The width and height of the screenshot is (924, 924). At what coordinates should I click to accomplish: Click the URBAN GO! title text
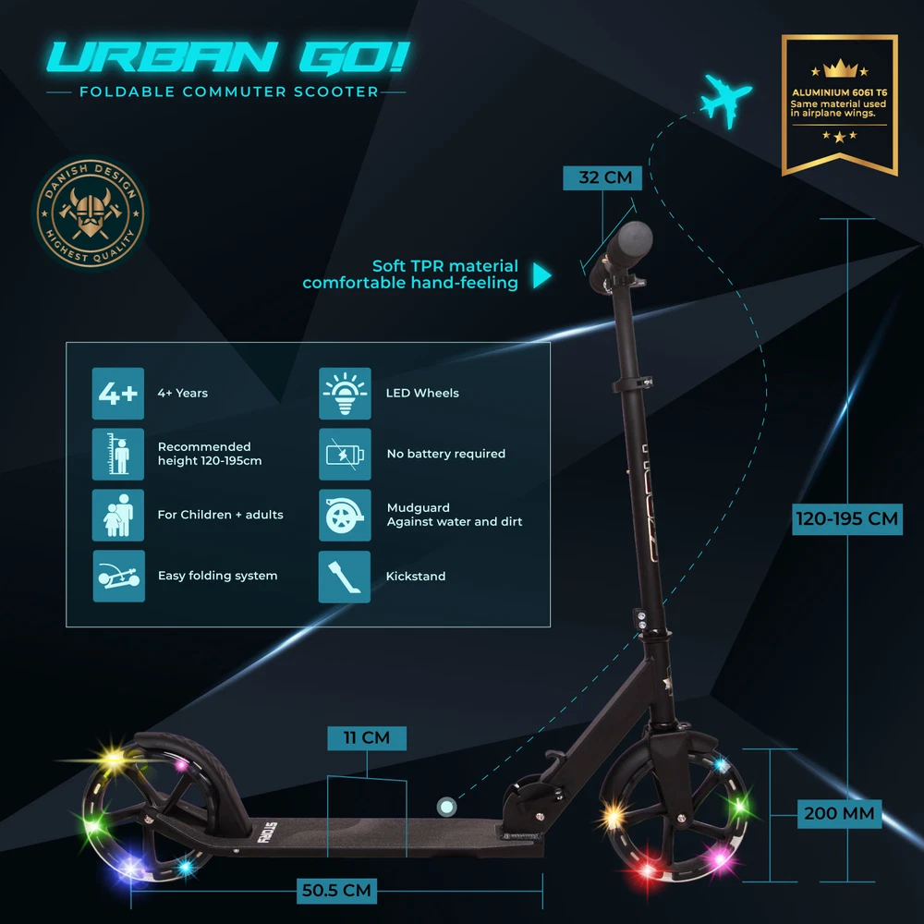click(x=228, y=57)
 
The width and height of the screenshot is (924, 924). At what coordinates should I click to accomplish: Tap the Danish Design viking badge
click(x=91, y=213)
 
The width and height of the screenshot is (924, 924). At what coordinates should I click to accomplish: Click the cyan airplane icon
click(x=726, y=100)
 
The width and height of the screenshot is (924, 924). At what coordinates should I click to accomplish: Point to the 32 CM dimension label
click(x=602, y=177)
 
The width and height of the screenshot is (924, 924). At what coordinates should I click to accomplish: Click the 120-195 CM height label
click(x=846, y=519)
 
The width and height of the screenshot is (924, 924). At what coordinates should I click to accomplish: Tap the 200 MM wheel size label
click(x=839, y=814)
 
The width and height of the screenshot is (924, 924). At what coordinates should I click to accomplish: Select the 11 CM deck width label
click(x=367, y=737)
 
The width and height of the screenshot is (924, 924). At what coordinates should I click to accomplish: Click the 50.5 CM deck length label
click(x=336, y=891)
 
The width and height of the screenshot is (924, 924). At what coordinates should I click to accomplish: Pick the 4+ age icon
click(x=118, y=394)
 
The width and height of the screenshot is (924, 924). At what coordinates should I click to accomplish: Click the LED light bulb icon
click(x=345, y=394)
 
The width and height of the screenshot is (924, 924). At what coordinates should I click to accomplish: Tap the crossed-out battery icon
click(x=345, y=455)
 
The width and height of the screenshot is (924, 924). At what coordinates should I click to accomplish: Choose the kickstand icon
click(x=344, y=577)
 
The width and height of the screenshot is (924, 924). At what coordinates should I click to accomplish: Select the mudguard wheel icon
click(x=345, y=515)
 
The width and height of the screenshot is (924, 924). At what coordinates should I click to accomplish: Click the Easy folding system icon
click(x=118, y=576)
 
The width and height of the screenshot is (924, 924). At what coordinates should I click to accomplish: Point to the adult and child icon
click(x=118, y=515)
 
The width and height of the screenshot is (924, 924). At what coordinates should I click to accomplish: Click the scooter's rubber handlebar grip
click(x=629, y=243)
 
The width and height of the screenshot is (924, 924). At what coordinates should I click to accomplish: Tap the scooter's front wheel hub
click(x=682, y=819)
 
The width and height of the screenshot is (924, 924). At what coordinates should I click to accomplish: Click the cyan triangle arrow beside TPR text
click(x=541, y=275)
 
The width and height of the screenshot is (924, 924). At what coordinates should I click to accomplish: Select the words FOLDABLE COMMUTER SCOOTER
click(x=229, y=91)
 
